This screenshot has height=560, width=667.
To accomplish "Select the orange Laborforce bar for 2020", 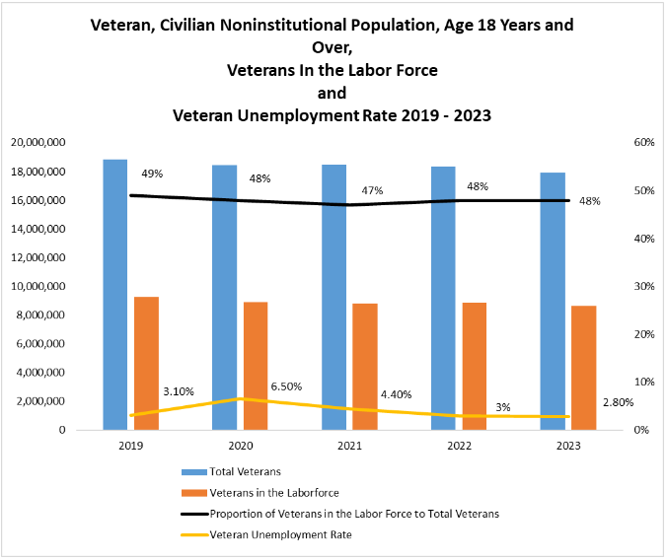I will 256,366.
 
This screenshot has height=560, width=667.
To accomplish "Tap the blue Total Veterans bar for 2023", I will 553,301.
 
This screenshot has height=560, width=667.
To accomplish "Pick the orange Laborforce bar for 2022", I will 475,366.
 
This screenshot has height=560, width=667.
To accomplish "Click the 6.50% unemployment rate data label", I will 286,385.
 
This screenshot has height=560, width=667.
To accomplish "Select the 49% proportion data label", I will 152,174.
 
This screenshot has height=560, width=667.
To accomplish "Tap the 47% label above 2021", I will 371,189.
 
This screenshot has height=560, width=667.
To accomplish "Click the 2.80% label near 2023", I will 617,403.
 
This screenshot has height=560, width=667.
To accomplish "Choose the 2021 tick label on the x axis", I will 349,446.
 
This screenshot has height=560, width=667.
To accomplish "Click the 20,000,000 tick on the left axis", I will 38,143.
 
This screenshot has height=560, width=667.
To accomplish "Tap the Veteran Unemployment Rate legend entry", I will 280,535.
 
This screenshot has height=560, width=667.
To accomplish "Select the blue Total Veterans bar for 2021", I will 333,297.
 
